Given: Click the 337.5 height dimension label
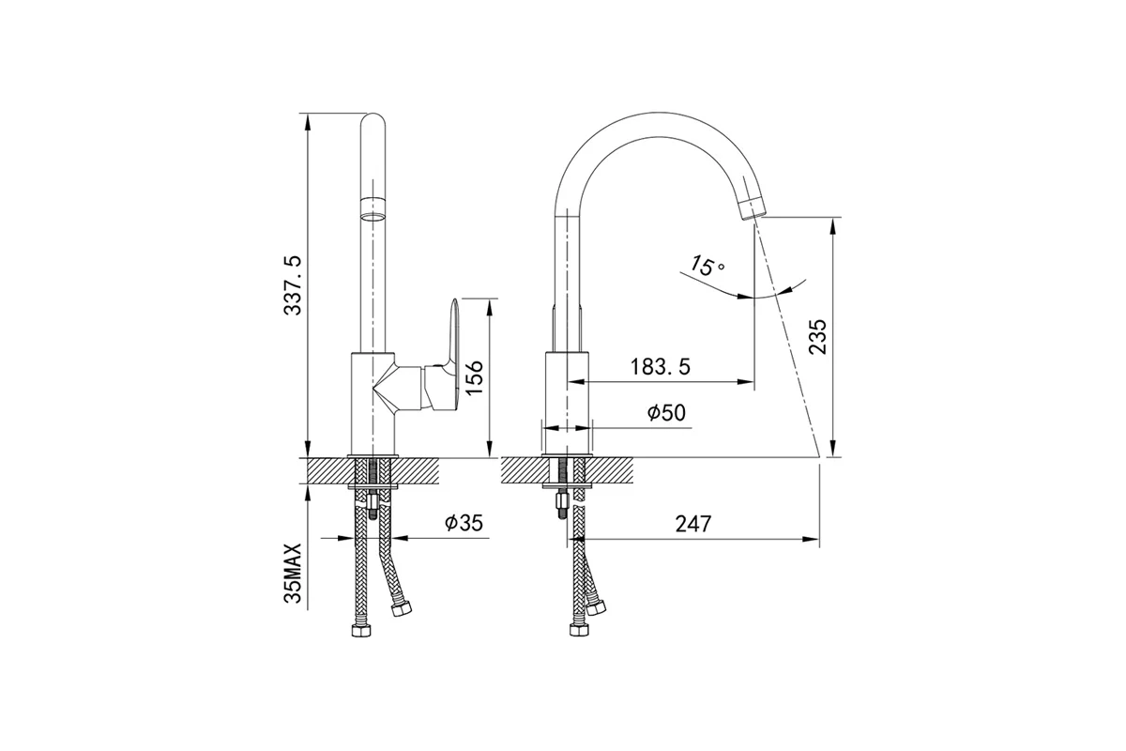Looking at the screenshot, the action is pos(293,285).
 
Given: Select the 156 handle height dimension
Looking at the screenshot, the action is pos(474,377).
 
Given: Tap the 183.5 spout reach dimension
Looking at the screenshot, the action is pos(661,367).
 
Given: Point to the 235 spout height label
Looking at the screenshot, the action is pos(817,336).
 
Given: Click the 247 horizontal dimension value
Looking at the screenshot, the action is pos(693,524).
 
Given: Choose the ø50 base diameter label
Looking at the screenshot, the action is pos(666,413).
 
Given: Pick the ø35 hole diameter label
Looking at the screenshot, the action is pos(464,523).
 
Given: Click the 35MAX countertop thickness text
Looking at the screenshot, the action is pos(293,573).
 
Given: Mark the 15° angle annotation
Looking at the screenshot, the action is pos(707,265).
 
